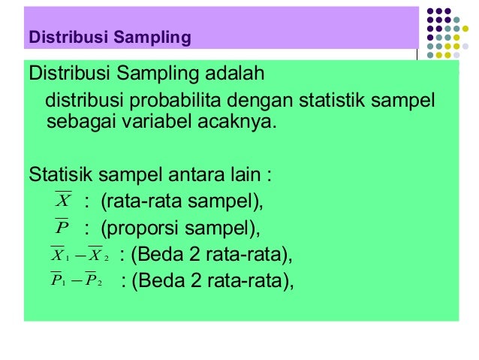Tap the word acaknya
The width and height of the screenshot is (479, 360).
233,120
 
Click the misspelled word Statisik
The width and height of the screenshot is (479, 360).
60,177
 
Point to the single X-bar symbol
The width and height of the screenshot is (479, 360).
63,201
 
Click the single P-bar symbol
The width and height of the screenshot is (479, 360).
62,227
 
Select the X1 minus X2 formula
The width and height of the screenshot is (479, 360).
79,256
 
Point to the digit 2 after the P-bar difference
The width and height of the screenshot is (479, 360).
195,281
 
